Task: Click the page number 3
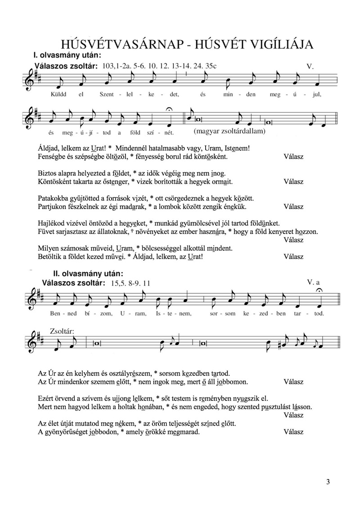coord(328,482)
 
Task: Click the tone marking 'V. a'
coord(313,282)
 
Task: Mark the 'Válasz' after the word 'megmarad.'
coord(293,432)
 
